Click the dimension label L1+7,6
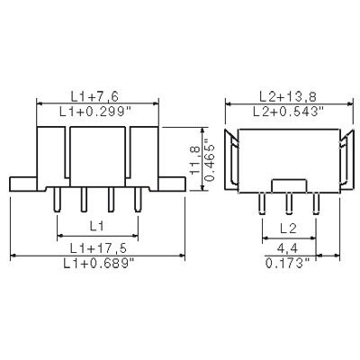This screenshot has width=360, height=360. (x=98, y=96)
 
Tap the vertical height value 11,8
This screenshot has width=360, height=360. (x=192, y=159)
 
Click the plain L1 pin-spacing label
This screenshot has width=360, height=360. (x=98, y=226)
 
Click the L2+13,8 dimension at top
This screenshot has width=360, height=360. (x=286, y=95)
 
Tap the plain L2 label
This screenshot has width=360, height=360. (x=289, y=228)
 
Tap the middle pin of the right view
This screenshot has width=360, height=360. (x=288, y=201)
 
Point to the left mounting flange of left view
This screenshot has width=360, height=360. (x=22, y=183)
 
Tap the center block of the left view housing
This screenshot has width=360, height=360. (x=98, y=153)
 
